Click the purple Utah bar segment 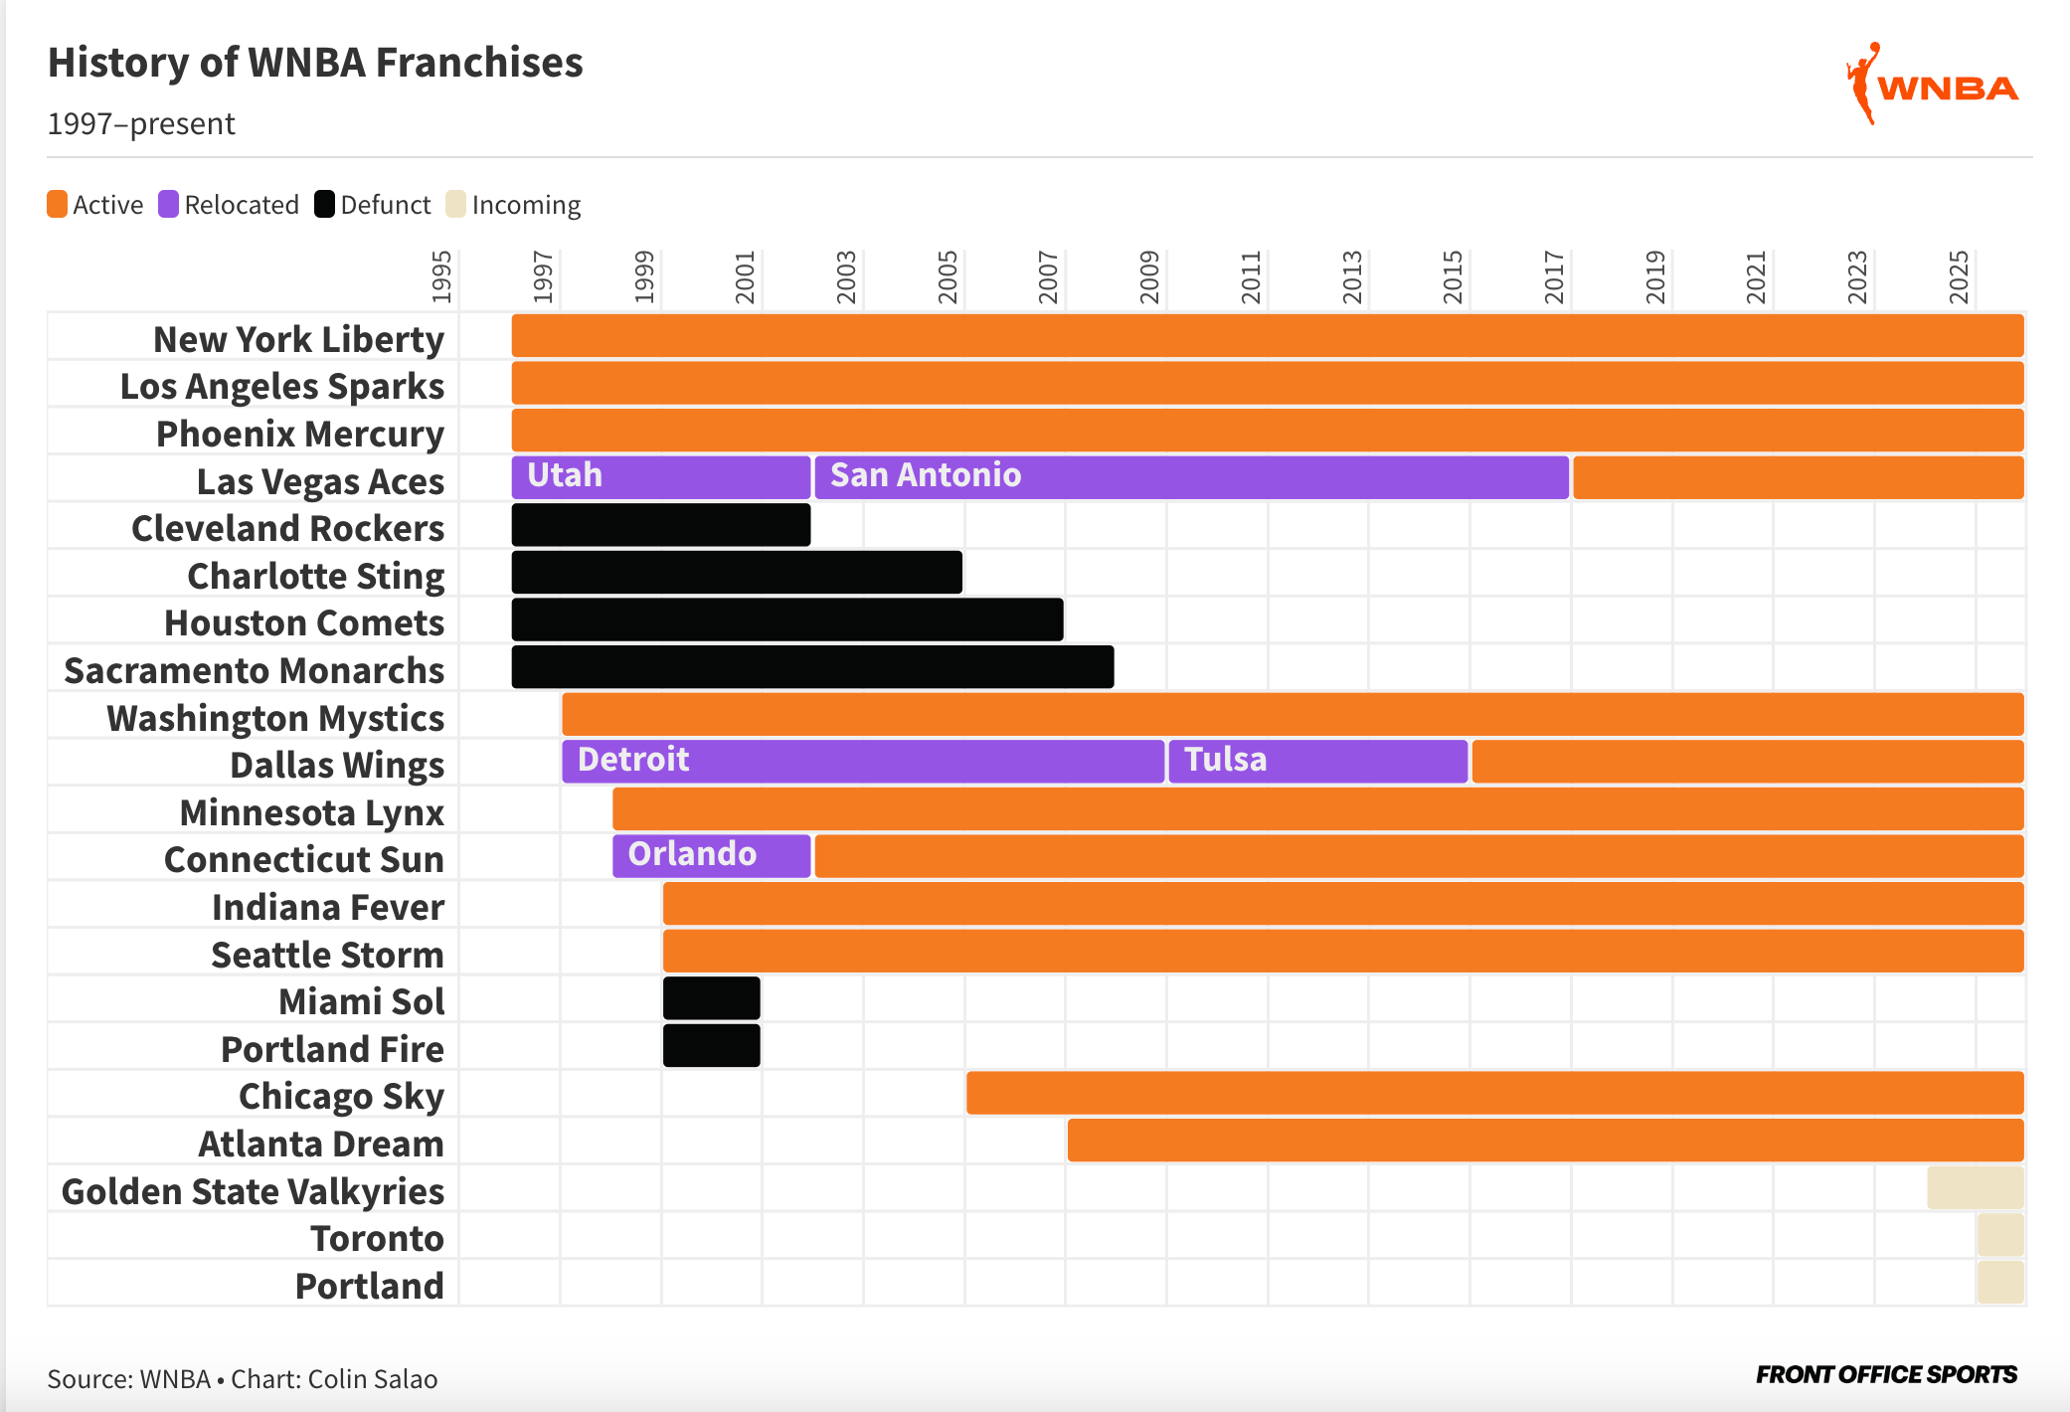click(x=661, y=477)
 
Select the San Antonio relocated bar click(x=1191, y=477)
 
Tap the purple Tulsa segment click(x=1317, y=762)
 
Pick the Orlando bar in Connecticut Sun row click(x=711, y=856)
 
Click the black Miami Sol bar click(x=711, y=998)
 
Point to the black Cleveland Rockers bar click(x=661, y=525)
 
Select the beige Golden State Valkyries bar click(x=1975, y=1188)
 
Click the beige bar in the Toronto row click(x=1999, y=1235)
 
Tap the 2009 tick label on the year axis click(x=1149, y=277)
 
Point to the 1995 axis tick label click(x=441, y=277)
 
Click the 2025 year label click(x=1959, y=277)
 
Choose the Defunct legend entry click(x=373, y=205)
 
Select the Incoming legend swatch click(x=455, y=204)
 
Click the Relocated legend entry click(x=229, y=205)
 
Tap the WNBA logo click(x=1932, y=86)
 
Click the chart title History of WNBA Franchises click(x=315, y=63)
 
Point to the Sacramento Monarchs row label click(x=255, y=670)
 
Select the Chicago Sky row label click(x=341, y=1096)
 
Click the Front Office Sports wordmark click(x=1886, y=1375)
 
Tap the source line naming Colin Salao click(x=243, y=1379)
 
